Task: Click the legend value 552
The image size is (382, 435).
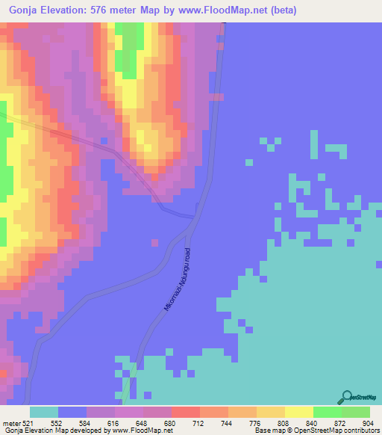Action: pos(57,422)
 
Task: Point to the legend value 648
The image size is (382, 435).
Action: pos(143,422)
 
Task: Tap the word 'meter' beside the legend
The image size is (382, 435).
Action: pos(11,422)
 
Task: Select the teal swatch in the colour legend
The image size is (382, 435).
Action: pos(44,412)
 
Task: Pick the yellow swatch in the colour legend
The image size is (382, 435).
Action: pos(299,412)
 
